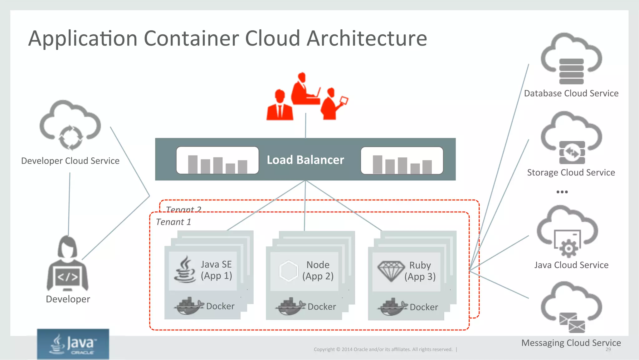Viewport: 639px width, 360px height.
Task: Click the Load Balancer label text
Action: click(305, 160)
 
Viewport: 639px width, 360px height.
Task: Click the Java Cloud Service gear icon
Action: click(568, 248)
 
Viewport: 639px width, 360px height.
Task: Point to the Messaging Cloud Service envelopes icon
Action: click(572, 323)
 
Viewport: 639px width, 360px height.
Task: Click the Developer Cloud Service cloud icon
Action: click(70, 125)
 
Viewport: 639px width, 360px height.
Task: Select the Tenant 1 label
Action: click(173, 222)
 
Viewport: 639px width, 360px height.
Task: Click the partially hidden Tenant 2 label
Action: click(183, 209)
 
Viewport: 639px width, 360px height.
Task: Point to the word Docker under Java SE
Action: click(220, 306)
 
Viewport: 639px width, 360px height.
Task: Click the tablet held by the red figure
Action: click(344, 101)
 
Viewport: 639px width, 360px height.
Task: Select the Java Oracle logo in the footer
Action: click(73, 344)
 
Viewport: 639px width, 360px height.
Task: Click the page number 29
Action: click(608, 349)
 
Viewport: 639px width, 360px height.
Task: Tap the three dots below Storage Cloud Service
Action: click(562, 192)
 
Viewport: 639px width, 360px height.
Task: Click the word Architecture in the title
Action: click(367, 38)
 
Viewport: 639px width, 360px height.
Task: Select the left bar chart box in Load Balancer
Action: click(217, 160)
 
